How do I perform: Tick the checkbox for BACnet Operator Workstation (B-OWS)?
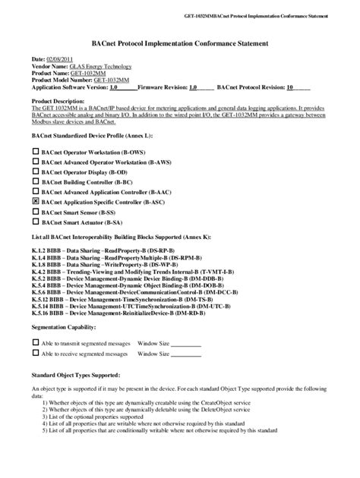(x=35, y=152)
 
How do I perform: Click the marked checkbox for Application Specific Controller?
(x=35, y=203)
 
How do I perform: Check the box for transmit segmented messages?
(x=35, y=342)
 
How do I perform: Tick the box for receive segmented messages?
(x=35, y=354)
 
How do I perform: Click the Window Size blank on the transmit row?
(x=186, y=344)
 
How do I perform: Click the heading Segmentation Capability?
(x=64, y=326)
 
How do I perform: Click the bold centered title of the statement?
(x=179, y=44)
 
